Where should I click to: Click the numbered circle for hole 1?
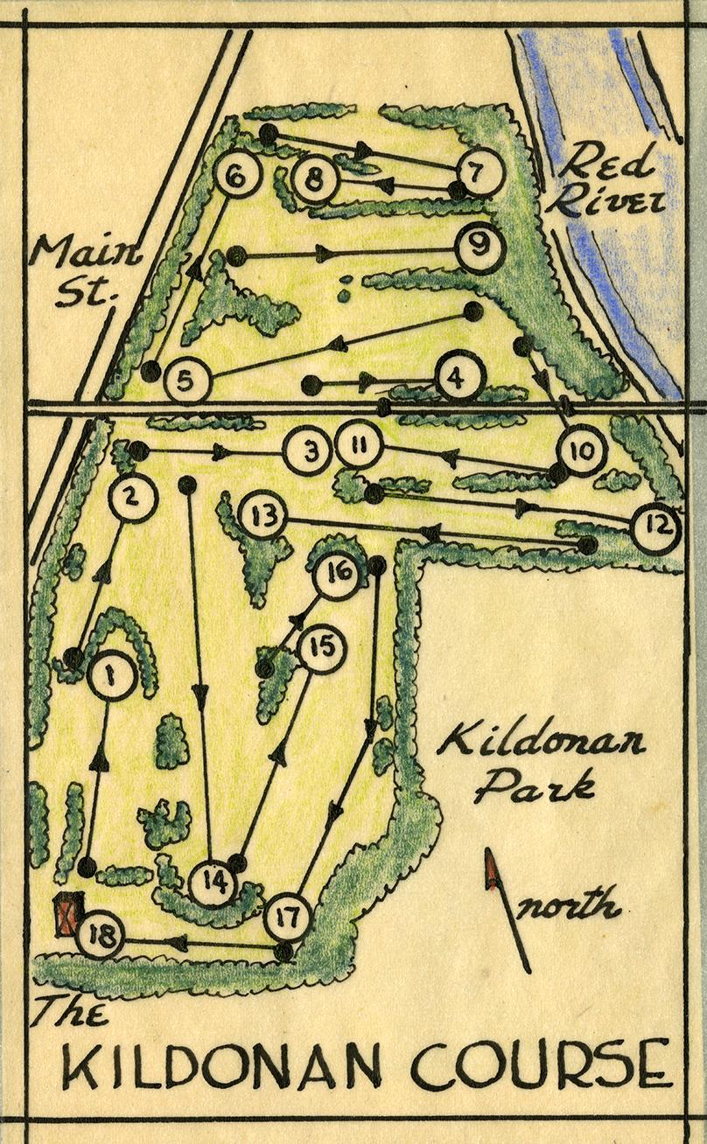(x=112, y=675)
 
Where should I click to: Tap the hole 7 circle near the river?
(x=478, y=172)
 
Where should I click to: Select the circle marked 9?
(x=479, y=248)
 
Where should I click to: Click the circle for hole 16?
(x=336, y=575)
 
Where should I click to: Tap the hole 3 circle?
(x=308, y=452)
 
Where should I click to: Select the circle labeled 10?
(x=581, y=453)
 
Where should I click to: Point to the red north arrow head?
(x=492, y=871)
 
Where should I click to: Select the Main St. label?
(x=86, y=273)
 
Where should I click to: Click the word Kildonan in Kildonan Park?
(x=542, y=746)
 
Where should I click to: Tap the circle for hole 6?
(x=236, y=177)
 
